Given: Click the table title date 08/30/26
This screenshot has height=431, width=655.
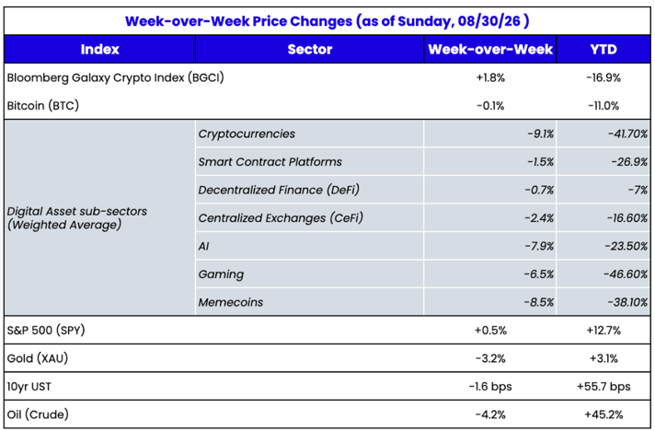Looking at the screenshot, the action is point(489,21).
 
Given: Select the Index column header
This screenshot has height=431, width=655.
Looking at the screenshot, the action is point(100,50).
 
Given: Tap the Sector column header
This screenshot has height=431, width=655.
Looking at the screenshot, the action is point(309,50).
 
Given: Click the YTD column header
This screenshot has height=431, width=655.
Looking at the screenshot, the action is point(603,50).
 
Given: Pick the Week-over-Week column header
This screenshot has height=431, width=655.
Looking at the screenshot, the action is point(490,50).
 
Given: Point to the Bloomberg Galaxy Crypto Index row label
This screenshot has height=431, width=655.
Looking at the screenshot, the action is point(115,77).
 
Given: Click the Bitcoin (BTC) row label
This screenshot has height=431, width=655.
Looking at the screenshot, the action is point(43,106).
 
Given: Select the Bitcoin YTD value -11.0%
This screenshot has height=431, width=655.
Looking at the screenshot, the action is point(603,106).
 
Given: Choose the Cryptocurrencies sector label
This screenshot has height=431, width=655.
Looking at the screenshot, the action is point(247,134).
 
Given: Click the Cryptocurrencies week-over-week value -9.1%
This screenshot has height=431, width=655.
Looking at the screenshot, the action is point(540,134).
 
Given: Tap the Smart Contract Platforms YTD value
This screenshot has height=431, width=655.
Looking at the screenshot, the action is point(629,162).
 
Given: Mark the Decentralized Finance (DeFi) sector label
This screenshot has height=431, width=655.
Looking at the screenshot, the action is point(279,190).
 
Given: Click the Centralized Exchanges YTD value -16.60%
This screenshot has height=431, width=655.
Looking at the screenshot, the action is point(627,217).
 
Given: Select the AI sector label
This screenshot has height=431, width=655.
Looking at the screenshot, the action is point(203,246).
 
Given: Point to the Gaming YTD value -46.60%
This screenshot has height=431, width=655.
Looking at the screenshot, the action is point(626,274).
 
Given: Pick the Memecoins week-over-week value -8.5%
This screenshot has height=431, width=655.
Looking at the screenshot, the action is point(539,302).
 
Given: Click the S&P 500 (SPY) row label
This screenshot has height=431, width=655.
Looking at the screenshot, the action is point(46,331).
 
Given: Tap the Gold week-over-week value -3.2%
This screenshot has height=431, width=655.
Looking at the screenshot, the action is point(490,358).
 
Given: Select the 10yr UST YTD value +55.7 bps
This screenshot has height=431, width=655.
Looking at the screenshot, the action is point(603,387).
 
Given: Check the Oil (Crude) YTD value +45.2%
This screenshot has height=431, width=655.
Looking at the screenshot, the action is point(603,414).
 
